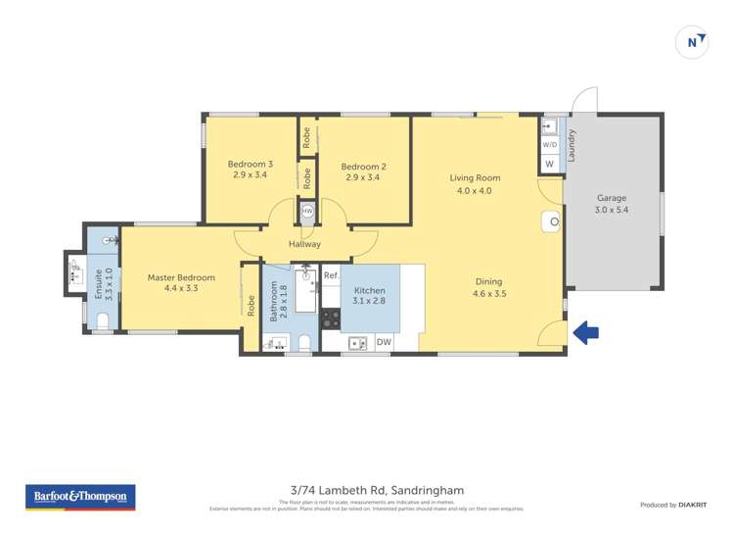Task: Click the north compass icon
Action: (693, 42)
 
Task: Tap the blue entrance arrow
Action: (585, 333)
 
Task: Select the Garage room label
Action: (612, 198)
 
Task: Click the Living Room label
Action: (475, 178)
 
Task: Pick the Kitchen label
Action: (369, 291)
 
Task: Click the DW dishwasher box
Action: (384, 342)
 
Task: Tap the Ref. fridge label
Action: (331, 275)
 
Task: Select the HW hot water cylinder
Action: (307, 211)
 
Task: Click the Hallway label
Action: (304, 244)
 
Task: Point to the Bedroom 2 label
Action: (362, 166)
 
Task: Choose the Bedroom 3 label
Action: (250, 164)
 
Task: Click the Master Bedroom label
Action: (181, 277)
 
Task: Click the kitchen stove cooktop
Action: (330, 317)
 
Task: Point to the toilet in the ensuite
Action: (103, 319)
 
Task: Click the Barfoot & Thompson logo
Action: (80, 497)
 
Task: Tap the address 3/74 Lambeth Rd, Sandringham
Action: (377, 490)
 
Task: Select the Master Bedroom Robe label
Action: (251, 306)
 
